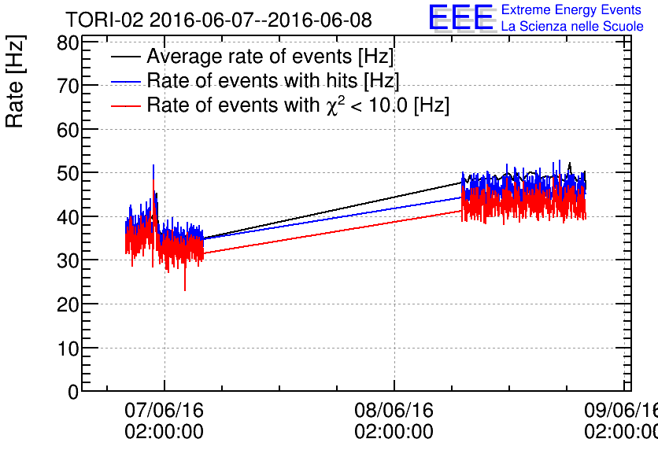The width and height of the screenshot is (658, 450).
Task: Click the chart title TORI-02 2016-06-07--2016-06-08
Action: coord(218,19)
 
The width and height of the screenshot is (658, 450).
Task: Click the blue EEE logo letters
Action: coord(461,18)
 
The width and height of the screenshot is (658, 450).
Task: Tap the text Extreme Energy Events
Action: coord(571,10)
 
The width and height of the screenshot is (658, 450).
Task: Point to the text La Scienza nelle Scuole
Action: coord(571,27)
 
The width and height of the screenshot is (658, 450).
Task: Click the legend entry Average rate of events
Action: coord(269,57)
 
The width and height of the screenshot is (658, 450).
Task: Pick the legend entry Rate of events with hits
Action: coord(272,81)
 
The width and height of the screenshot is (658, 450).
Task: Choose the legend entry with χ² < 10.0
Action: coord(298,105)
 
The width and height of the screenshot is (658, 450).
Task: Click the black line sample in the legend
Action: coord(126,57)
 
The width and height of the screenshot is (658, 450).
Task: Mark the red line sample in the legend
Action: coord(126,105)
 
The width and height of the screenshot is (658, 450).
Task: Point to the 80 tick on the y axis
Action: coord(68,42)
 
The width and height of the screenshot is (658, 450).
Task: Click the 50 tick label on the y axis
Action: coord(68,173)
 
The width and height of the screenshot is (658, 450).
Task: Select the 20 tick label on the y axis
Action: coord(68,304)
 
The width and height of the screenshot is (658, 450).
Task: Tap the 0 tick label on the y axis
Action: coord(73,392)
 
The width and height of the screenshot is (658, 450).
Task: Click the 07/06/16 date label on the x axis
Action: coord(164,411)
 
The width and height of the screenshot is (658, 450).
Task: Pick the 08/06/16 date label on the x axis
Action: coord(394,411)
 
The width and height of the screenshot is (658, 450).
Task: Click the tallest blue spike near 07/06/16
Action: coord(153,166)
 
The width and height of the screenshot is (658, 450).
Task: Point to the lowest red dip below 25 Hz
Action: coord(185,290)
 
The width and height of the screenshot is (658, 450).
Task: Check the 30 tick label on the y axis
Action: coord(68,260)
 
